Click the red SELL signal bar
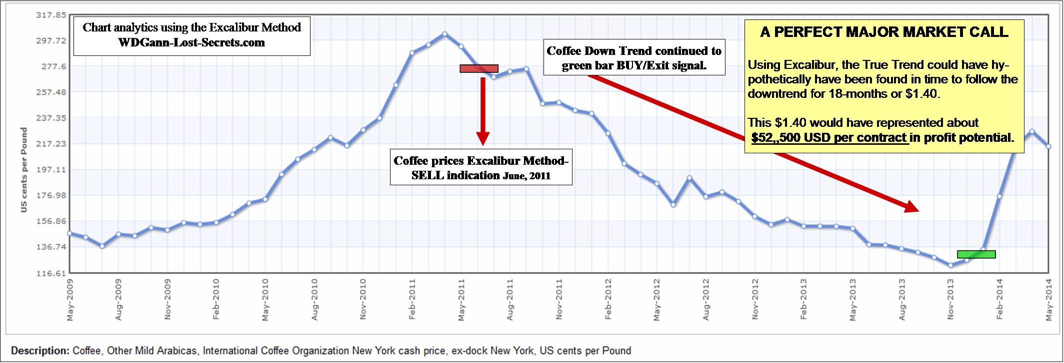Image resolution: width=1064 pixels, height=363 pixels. coord(479,68)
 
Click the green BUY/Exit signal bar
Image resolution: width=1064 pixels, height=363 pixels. coord(976,254)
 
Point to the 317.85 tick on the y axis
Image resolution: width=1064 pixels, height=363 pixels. coord(51,15)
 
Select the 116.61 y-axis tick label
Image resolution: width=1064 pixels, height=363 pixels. coord(51,273)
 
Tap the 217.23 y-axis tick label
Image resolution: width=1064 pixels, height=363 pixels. coord(51,144)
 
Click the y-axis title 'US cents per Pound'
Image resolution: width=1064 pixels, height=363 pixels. coord(24,170)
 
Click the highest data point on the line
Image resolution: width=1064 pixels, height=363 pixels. coord(444,34)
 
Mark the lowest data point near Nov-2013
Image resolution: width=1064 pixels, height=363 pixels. coord(950,265)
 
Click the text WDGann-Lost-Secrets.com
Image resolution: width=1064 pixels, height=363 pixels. coord(191,42)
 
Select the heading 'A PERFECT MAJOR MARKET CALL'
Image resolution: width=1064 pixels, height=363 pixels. coord(884,32)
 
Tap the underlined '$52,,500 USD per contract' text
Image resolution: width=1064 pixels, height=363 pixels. coord(829,138)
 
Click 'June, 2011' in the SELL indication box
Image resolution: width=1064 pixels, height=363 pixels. coord(526,176)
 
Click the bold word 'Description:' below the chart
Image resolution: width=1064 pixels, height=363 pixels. coord(40,351)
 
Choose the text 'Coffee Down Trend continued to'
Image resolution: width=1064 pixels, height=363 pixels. coord(634,51)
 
